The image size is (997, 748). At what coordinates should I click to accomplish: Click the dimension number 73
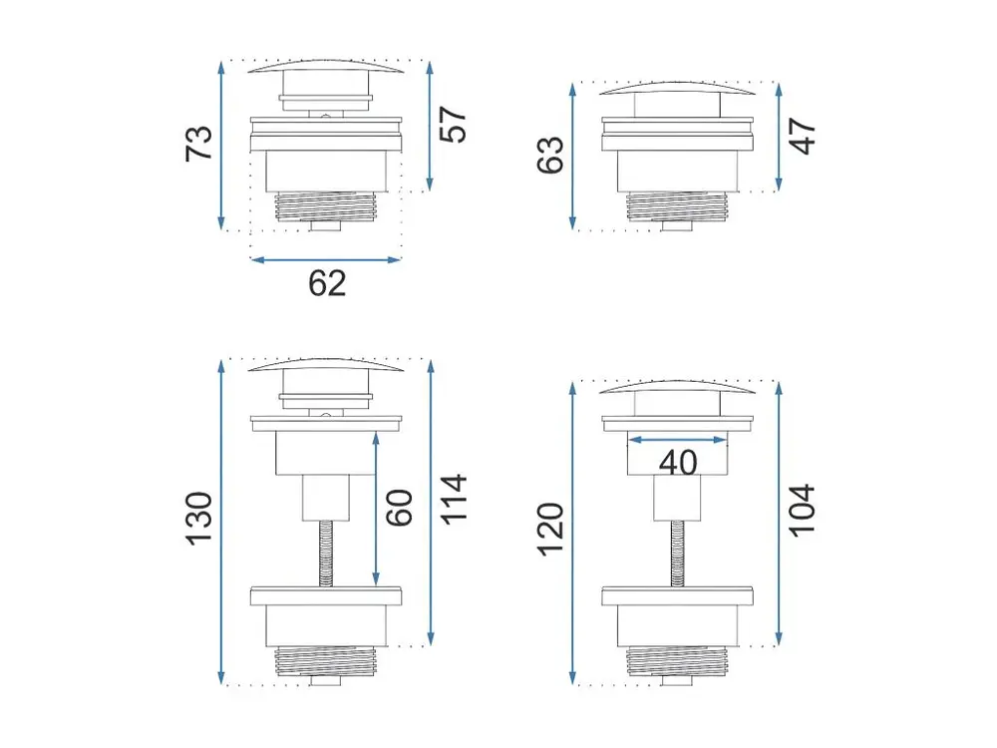(198, 144)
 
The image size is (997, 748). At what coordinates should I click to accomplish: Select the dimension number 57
(454, 125)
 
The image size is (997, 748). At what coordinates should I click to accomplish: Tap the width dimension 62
(327, 283)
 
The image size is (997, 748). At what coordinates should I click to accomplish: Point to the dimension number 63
(550, 155)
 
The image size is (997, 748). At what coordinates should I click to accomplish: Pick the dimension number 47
(803, 136)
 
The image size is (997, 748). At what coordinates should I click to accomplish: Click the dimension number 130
(198, 518)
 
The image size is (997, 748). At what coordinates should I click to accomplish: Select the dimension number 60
(400, 508)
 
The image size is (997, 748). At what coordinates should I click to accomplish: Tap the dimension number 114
(454, 500)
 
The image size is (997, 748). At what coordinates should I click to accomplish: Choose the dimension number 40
(678, 463)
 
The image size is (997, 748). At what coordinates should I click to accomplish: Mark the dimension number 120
(550, 530)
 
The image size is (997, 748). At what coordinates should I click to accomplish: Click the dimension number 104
(803, 511)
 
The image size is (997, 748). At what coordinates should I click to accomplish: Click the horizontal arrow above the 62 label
(326, 259)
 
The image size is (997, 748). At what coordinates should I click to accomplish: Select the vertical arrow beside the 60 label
(376, 509)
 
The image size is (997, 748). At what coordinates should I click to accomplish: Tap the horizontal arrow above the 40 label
(677, 440)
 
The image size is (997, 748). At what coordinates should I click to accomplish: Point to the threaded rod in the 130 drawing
(326, 553)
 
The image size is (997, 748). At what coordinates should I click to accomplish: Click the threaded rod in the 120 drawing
(677, 553)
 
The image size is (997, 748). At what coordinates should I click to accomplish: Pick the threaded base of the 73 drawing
(326, 206)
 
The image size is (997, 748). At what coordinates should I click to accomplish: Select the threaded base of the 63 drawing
(677, 206)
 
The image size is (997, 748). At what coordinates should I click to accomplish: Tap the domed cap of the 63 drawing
(677, 89)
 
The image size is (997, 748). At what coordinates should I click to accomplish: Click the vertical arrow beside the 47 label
(779, 137)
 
